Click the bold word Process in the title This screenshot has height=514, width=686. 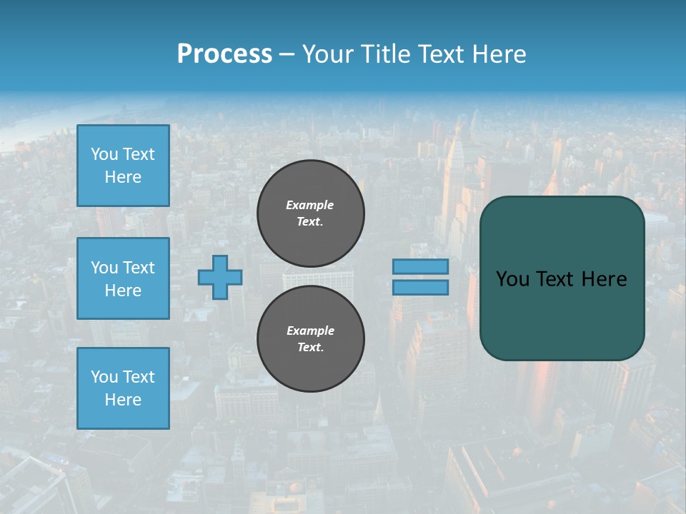[x=224, y=54]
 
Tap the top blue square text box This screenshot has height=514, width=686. [x=123, y=166]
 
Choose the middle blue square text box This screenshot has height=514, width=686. [x=123, y=278]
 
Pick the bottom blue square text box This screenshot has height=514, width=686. [x=123, y=388]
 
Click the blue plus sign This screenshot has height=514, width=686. [x=220, y=277]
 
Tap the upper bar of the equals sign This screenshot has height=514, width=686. [x=420, y=266]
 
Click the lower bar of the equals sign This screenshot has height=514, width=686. [x=420, y=287]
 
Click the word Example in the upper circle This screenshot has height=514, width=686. [x=310, y=205]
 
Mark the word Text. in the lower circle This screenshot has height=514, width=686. [x=310, y=348]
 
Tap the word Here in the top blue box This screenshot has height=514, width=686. [x=123, y=177]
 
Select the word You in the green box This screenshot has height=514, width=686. [x=512, y=279]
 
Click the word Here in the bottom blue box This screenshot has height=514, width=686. [x=123, y=400]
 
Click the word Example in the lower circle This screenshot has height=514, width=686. [x=310, y=331]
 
